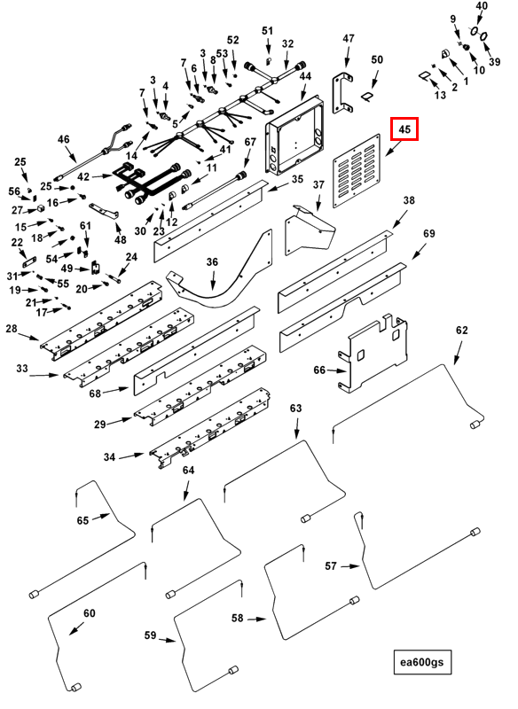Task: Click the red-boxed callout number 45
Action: (x=404, y=129)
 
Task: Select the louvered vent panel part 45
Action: (x=357, y=170)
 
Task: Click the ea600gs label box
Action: (x=422, y=662)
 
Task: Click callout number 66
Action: (x=319, y=370)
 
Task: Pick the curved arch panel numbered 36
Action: (x=220, y=277)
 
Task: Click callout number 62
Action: (x=461, y=330)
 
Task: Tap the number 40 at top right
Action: (x=482, y=6)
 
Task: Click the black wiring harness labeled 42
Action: (x=148, y=183)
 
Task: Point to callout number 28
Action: (x=12, y=329)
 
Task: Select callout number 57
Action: (x=331, y=565)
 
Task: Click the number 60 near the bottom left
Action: (x=89, y=613)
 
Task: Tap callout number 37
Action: (x=318, y=185)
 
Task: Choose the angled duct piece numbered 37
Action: (x=310, y=230)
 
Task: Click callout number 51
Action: (x=267, y=31)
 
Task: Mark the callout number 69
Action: (x=429, y=233)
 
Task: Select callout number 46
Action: (x=63, y=139)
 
